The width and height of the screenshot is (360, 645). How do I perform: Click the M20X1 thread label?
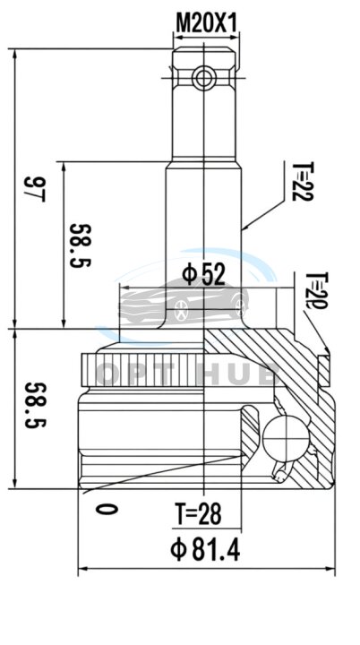tap(207, 22)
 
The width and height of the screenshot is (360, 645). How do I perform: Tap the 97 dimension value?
tap(34, 189)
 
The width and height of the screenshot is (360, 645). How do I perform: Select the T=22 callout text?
tap(303, 181)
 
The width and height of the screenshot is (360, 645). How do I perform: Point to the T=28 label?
tap(198, 514)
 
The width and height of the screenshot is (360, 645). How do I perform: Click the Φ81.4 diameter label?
tap(205, 549)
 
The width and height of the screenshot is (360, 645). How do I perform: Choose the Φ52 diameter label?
tap(203, 274)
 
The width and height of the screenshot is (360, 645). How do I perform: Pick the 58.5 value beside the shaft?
tap(81, 245)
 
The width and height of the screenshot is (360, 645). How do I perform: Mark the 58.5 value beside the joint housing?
tap(36, 405)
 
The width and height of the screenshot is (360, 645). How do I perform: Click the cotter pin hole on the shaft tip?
tap(204, 77)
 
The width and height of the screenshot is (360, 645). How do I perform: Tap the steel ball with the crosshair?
tap(286, 437)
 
